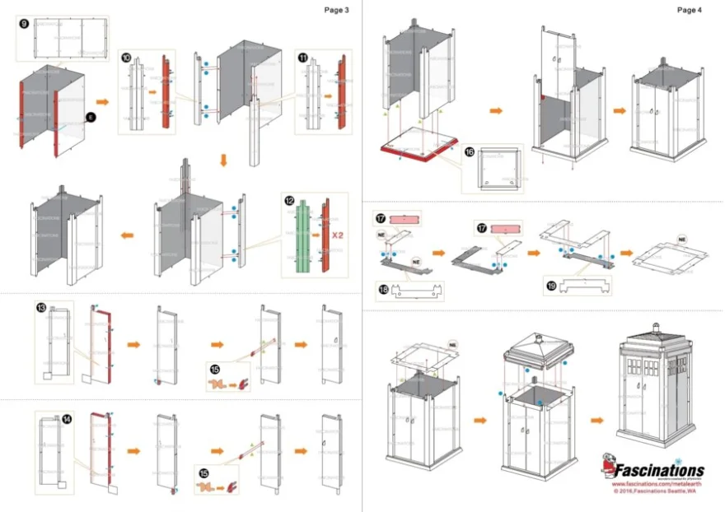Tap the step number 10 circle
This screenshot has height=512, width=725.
[125, 59]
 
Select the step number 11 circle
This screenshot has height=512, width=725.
[302, 58]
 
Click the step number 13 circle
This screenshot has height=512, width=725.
[41, 307]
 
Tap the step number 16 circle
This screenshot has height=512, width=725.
[469, 152]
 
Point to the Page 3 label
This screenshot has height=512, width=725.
[336, 10]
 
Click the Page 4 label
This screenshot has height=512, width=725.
[689, 10]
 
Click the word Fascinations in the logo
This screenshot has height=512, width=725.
[658, 470]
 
